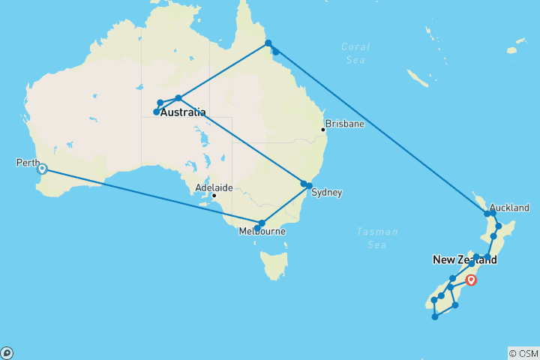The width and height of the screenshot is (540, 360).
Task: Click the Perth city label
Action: tap(27, 163)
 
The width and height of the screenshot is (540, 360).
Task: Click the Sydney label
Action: tap(326, 193)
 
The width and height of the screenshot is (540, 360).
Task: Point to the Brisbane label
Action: tap(344, 123)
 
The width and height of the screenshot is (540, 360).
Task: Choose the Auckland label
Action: tap(509, 208)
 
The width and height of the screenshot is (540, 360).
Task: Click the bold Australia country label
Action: tap(183, 112)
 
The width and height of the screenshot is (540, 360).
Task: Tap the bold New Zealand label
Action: tap(464, 260)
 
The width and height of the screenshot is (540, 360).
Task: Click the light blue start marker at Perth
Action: tap(43, 169)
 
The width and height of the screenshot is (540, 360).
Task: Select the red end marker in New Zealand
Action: tap(471, 280)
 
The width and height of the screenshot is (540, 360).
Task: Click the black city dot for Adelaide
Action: tap(214, 196)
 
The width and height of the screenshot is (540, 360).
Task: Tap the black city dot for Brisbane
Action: tap(323, 130)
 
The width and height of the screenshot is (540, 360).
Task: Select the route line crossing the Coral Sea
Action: tap(375, 124)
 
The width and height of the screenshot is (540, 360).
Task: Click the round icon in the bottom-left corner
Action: tap(7, 352)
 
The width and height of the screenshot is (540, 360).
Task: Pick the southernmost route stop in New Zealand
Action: tap(435, 316)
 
